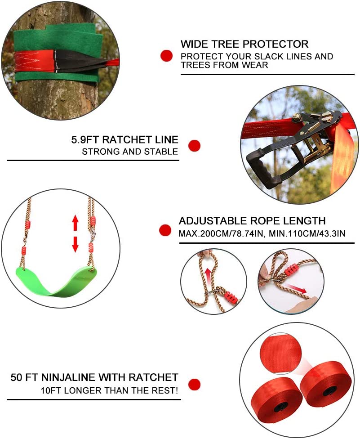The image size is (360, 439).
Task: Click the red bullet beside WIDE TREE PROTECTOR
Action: click(x=167, y=56)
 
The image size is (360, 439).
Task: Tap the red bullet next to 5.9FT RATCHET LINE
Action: click(x=194, y=145)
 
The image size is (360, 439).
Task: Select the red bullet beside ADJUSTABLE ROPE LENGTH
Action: click(x=165, y=230)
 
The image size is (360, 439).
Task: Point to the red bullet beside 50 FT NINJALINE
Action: click(x=194, y=384)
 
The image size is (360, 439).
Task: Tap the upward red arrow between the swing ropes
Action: click(x=76, y=223)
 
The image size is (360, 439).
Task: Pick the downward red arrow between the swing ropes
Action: click(x=76, y=244)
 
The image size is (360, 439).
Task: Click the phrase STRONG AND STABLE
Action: click(x=130, y=152)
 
